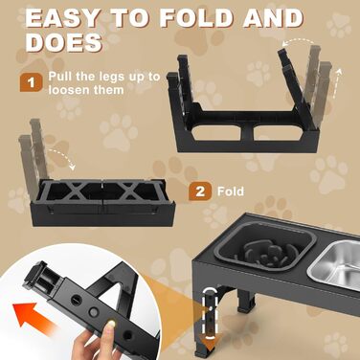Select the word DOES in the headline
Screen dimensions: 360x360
click(63, 42)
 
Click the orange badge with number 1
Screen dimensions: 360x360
click(31, 83)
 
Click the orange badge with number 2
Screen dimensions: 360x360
click(200, 191)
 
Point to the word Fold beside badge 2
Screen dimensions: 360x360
click(231, 191)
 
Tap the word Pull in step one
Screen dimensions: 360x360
click(60, 77)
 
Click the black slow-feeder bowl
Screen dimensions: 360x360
click(276, 248)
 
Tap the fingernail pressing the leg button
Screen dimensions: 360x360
click(110, 324)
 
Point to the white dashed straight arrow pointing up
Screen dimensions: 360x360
click(337, 83)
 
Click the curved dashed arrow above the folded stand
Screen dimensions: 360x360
click(62, 157)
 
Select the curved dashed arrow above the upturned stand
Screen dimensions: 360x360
click(299, 41)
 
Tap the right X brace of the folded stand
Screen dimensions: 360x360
click(127, 191)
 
